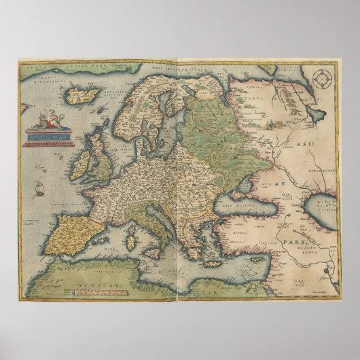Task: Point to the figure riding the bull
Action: point(46,122)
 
